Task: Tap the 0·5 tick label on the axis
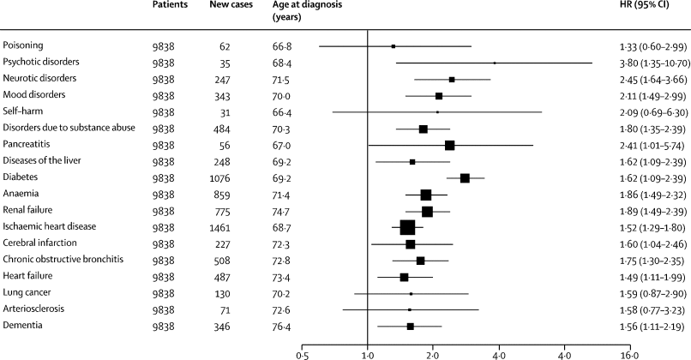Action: (x=302, y=353)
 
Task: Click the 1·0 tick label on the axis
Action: (x=367, y=353)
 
